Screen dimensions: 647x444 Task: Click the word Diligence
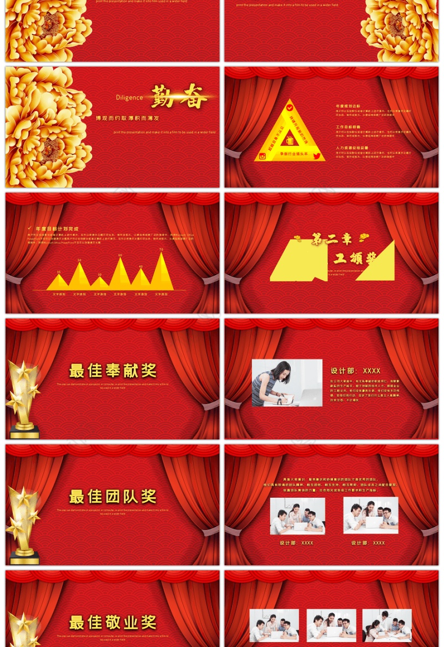[129, 98]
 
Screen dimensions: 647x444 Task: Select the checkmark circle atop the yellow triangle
[290, 107]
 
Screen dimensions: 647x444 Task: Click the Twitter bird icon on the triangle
[317, 156]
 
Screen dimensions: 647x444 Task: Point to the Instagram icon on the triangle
[263, 156]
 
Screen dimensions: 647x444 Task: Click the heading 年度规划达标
[348, 105]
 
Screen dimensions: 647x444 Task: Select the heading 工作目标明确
[348, 127]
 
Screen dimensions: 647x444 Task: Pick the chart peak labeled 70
[162, 255]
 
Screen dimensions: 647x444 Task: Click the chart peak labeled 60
[120, 260]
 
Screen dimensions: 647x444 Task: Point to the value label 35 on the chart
[59, 272]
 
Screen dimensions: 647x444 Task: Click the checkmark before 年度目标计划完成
[29, 228]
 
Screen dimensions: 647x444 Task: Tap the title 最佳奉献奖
[113, 370]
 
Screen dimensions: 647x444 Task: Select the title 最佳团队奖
[113, 496]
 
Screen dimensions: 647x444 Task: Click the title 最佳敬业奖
[113, 622]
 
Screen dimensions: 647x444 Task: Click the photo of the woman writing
[287, 382]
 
